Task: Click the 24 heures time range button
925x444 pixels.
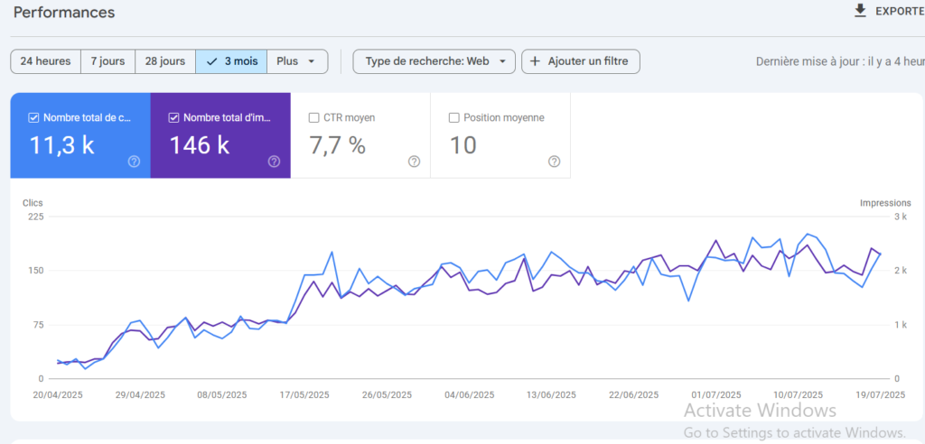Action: [45, 61]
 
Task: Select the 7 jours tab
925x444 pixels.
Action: [107, 61]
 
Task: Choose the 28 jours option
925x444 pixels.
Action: [164, 61]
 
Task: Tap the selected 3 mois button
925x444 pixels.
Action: [231, 61]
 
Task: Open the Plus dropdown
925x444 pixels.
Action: [296, 61]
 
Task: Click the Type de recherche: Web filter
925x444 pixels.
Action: [434, 61]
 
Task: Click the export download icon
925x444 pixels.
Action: [860, 11]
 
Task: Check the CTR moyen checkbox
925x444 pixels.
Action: [314, 117]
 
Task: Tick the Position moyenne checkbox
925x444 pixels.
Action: [454, 117]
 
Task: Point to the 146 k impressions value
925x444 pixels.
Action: [199, 145]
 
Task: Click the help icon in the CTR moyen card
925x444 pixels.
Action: [414, 162]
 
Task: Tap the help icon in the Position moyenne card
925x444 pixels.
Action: [554, 162]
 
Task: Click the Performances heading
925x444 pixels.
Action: [64, 13]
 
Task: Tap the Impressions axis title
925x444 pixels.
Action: [885, 203]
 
